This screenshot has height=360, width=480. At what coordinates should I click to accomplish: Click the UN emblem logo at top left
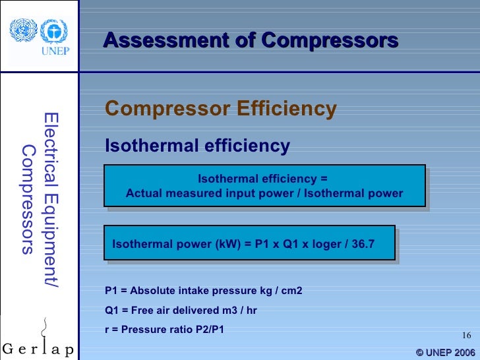pos(22,29)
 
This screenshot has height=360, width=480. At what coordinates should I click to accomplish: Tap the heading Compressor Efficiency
pos(221,108)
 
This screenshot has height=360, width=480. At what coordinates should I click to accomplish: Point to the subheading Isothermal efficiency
pos(197,145)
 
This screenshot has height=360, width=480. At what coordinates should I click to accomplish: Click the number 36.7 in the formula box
pos(362,244)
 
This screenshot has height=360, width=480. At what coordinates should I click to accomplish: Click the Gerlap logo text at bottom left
pos(38,347)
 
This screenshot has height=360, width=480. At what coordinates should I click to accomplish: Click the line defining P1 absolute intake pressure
pos(204,291)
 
